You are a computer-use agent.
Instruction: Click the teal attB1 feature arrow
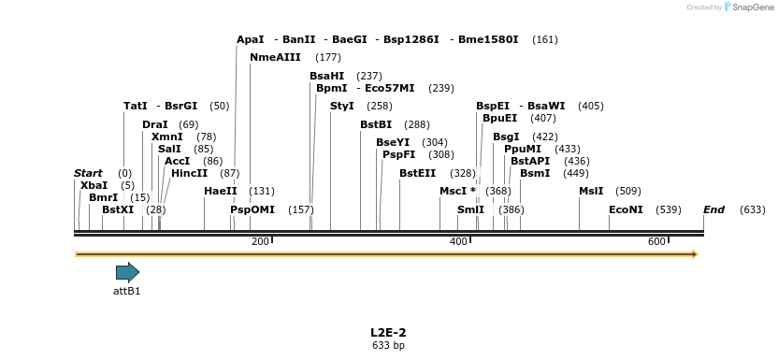click(127, 273)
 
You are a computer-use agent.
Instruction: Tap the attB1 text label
click(127, 291)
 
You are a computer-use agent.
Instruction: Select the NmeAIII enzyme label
click(275, 58)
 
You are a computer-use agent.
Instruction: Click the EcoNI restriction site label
click(626, 210)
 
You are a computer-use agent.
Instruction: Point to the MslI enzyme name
click(591, 192)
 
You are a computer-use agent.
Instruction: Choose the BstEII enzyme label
click(418, 173)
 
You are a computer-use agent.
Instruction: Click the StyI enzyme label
click(342, 107)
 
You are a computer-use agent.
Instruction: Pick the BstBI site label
click(376, 125)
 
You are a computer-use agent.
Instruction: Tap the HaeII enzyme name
click(221, 192)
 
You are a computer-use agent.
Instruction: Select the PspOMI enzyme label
click(252, 210)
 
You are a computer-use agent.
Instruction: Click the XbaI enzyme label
click(94, 186)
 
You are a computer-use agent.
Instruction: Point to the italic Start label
click(88, 174)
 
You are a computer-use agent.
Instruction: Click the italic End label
click(714, 210)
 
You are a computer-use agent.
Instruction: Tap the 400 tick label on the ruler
click(458, 242)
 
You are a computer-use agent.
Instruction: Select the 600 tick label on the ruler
click(656, 242)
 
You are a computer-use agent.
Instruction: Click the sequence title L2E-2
click(388, 332)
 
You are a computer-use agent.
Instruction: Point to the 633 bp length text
click(388, 346)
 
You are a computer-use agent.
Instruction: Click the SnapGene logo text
click(751, 7)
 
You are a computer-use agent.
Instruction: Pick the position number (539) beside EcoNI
click(669, 210)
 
